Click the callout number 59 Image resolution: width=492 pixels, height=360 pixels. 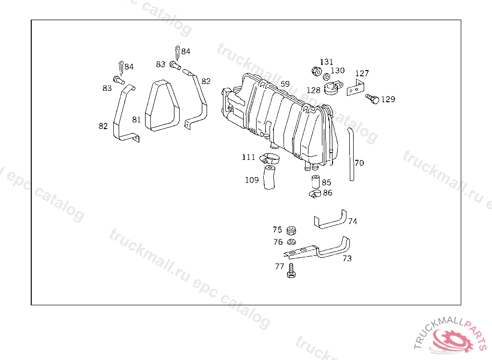click(x=285, y=84)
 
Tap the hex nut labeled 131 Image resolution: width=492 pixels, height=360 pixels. click(x=317, y=71)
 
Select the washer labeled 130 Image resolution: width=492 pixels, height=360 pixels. click(x=326, y=76)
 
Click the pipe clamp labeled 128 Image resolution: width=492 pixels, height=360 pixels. click(x=333, y=88)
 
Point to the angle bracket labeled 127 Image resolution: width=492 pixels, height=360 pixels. click(x=356, y=88)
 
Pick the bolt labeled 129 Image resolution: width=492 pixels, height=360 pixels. click(x=372, y=98)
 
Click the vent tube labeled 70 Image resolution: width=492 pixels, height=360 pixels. click(x=351, y=154)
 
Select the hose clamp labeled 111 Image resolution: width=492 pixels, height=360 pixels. click(x=270, y=158)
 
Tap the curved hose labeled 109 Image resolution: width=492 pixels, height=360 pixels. click(x=269, y=178)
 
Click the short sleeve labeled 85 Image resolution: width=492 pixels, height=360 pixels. click(x=315, y=182)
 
